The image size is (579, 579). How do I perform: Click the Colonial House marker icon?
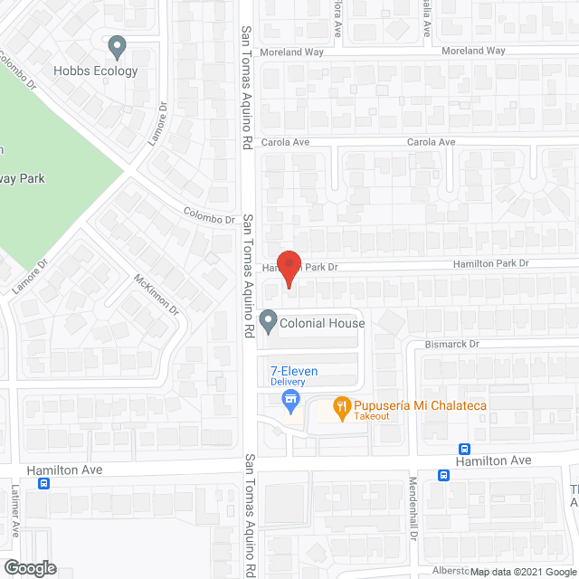(x=268, y=321)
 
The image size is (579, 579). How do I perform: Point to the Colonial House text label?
(x=323, y=323)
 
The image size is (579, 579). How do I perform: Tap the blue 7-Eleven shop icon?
(x=290, y=398)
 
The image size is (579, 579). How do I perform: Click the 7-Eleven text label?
(x=294, y=371)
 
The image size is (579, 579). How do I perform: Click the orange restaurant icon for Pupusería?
(x=341, y=405)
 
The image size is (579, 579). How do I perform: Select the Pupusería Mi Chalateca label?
(x=421, y=405)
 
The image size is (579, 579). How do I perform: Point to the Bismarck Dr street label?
(x=452, y=345)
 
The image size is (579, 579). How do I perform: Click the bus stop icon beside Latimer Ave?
(x=44, y=483)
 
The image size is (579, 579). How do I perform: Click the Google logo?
(x=29, y=567)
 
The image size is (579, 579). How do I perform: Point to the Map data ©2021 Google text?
(x=521, y=571)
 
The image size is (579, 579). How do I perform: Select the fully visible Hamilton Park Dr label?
(x=490, y=263)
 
